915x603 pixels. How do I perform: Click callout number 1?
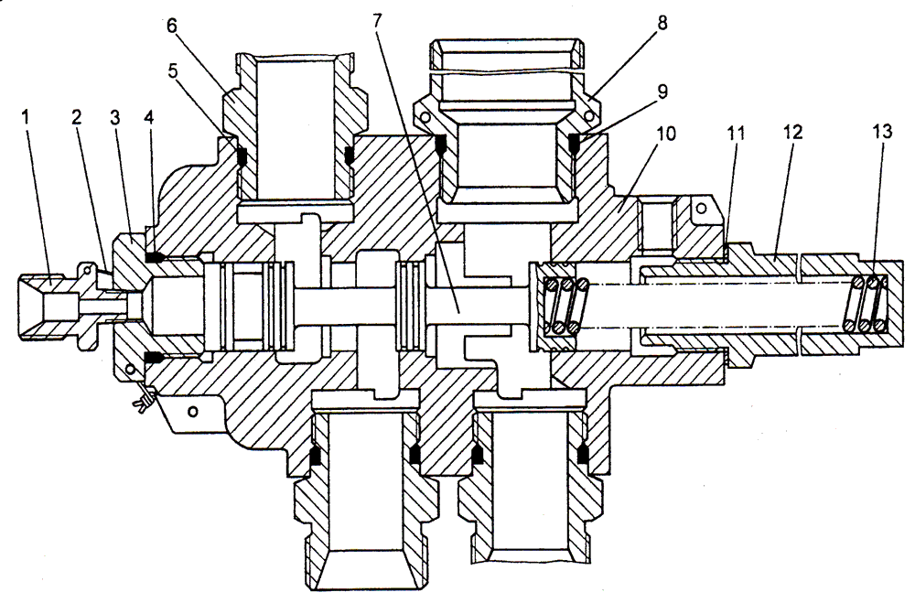[25, 118]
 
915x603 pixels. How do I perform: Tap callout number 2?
[76, 117]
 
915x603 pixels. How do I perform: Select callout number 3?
[114, 117]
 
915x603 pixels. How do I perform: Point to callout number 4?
[149, 117]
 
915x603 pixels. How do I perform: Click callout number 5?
[172, 70]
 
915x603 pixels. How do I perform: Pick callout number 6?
[172, 27]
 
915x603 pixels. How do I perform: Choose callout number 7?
[376, 22]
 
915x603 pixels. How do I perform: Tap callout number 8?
[662, 24]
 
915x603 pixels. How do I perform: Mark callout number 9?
[662, 92]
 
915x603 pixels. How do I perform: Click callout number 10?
[665, 134]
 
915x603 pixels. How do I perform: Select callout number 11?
[737, 133]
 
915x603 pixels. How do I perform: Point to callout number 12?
[791, 132]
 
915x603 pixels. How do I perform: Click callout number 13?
[882, 132]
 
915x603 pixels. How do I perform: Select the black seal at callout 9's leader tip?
[574, 143]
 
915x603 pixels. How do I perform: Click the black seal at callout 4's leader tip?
[154, 257]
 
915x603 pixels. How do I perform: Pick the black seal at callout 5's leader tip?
[242, 156]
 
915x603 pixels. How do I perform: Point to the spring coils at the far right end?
[865, 304]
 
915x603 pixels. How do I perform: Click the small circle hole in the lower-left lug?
[191, 411]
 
